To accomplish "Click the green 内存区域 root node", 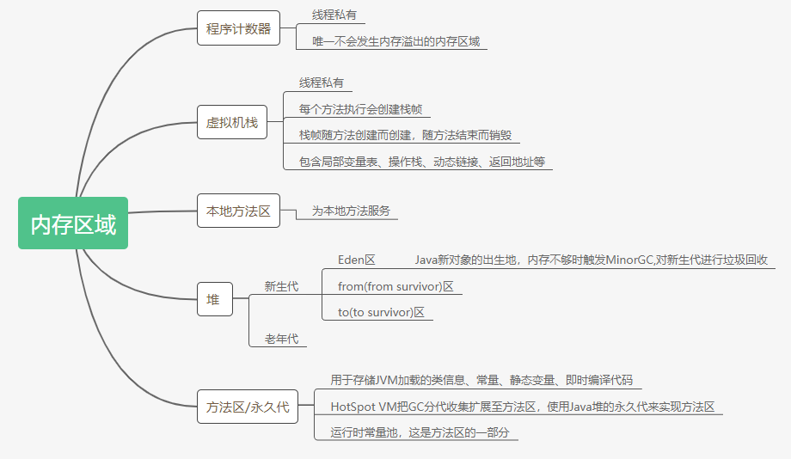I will coord(73,223).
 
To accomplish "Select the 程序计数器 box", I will coord(238,29).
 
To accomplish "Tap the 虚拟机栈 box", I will coord(232,122).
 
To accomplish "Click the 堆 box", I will coord(214,299).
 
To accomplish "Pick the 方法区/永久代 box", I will coord(248,407).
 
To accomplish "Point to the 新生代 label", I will coord(281,286).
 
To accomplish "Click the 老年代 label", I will coord(281,339).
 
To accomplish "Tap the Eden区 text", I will coord(357,260).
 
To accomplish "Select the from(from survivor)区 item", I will coord(395,286).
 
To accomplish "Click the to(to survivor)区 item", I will coord(382,312).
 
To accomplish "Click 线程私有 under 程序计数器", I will coord(334,15).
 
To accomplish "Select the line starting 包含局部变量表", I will coord(421,162).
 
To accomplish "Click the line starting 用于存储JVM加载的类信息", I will coord(481,380).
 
